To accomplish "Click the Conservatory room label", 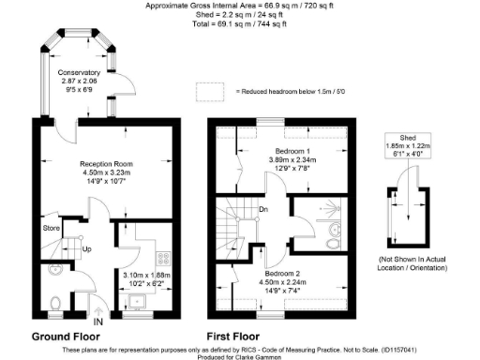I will point(78,72).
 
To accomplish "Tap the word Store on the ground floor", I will point(52,227).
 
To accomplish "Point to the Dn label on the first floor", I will point(264,209).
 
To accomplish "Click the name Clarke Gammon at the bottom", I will point(259,356).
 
